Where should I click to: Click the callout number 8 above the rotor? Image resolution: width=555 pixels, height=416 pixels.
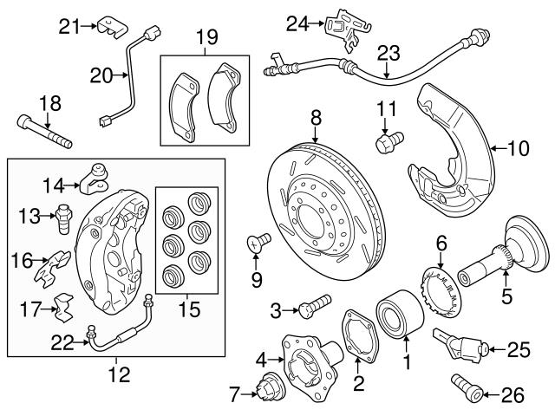pyautogui.click(x=316, y=115)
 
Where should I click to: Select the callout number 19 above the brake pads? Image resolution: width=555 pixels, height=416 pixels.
pyautogui.click(x=206, y=37)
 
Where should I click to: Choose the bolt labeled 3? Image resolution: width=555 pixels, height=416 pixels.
pyautogui.click(x=317, y=305)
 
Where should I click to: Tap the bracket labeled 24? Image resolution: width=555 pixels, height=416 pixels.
pyautogui.click(x=342, y=29)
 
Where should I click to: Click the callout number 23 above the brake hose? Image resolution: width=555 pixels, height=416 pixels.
pyautogui.click(x=388, y=52)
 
